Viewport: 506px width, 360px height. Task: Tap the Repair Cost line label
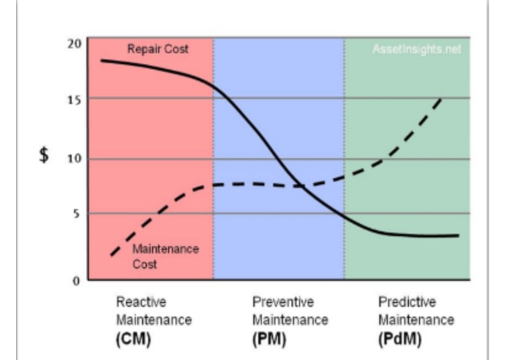tap(157, 50)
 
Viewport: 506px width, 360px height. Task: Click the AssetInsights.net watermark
tap(416, 50)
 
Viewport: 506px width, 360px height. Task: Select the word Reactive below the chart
tap(141, 302)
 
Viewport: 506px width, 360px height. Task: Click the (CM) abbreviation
tap(133, 339)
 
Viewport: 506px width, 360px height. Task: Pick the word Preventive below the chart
tap(282, 302)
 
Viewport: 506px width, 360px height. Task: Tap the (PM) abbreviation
tap(269, 339)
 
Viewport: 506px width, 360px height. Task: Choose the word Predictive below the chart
tap(407, 302)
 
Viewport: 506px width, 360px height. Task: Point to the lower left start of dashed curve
tap(111, 256)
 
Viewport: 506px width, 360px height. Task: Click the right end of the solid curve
tap(458, 235)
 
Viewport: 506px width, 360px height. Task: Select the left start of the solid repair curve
tap(101, 60)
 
